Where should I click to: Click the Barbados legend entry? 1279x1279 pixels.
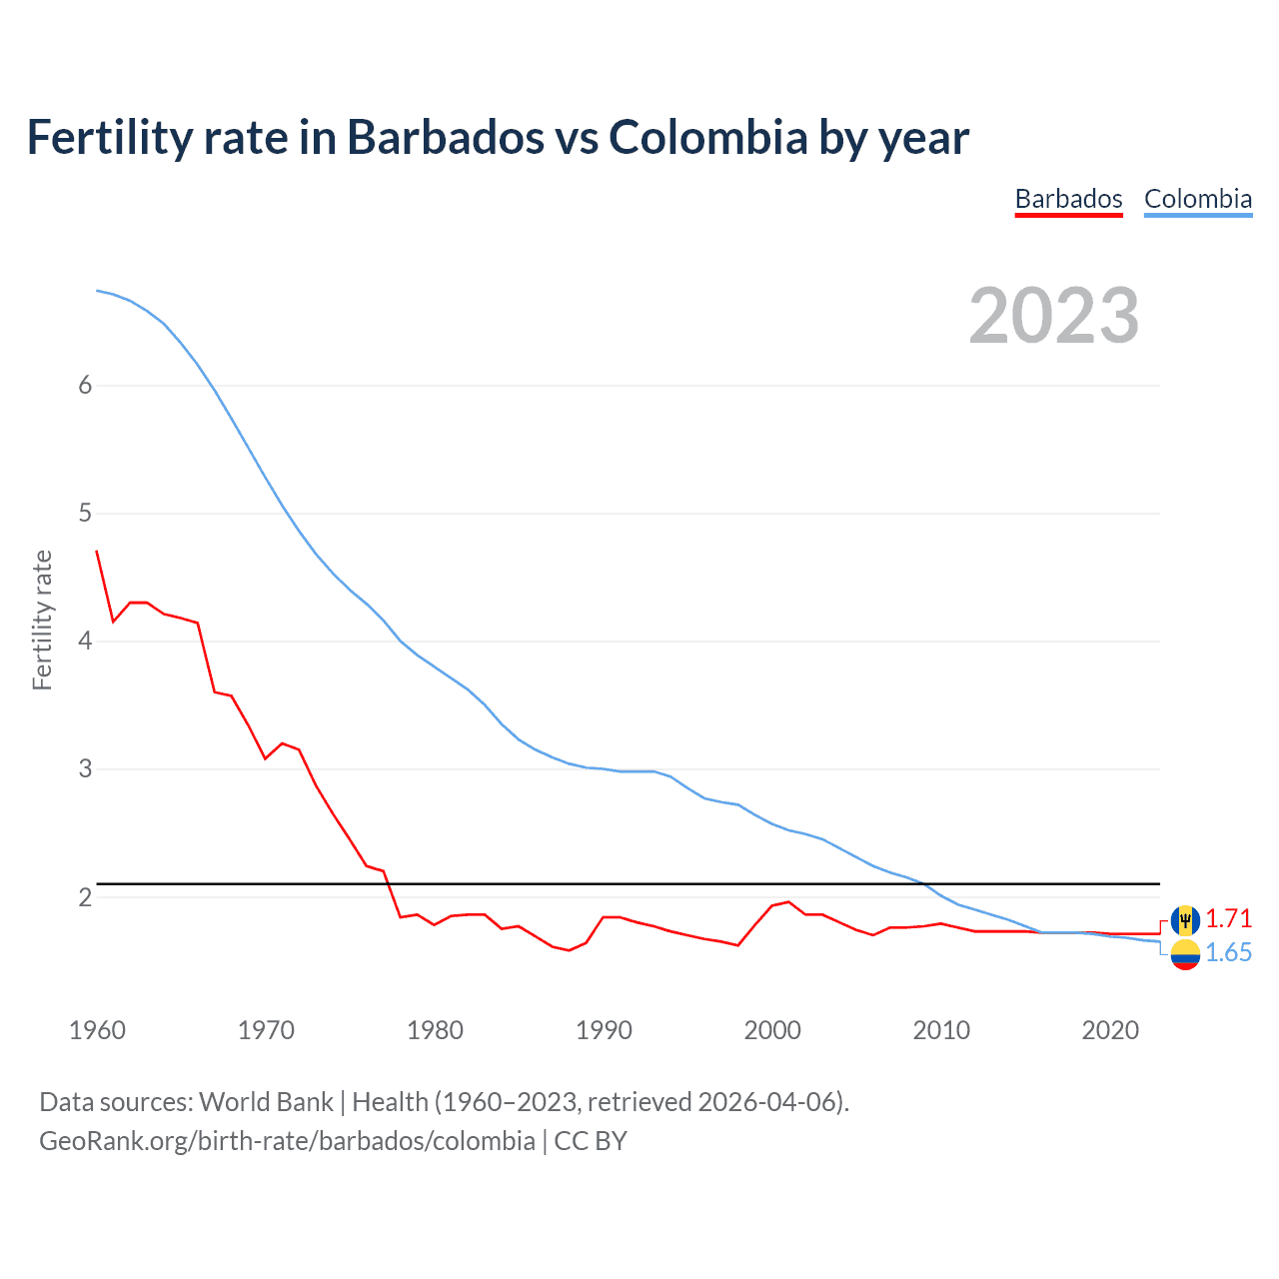(1068, 199)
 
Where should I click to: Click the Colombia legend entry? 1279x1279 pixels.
(1197, 199)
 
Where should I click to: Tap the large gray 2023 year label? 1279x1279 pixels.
(1053, 316)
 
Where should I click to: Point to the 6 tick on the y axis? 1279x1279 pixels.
(85, 386)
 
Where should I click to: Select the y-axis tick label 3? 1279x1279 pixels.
(85, 769)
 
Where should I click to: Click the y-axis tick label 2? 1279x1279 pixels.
(85, 897)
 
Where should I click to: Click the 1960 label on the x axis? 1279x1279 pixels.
(97, 1030)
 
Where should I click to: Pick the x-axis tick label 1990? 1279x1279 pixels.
(604, 1030)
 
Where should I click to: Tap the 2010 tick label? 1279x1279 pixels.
(941, 1030)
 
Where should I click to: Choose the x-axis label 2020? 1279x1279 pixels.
(1110, 1030)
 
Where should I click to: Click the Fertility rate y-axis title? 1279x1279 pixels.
(42, 620)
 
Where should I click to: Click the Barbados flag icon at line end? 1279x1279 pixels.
(1185, 919)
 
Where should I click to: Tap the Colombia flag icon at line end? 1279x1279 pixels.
(1185, 954)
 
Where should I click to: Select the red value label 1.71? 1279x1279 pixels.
(1228, 918)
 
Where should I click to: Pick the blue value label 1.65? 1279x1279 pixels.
(1228, 953)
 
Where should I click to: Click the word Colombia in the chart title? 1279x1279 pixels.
(707, 138)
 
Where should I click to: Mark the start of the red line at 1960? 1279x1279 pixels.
(97, 551)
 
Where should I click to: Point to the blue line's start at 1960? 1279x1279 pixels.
(97, 291)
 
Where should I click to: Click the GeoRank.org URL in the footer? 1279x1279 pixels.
(287, 1141)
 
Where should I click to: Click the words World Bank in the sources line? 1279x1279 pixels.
(266, 1102)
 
